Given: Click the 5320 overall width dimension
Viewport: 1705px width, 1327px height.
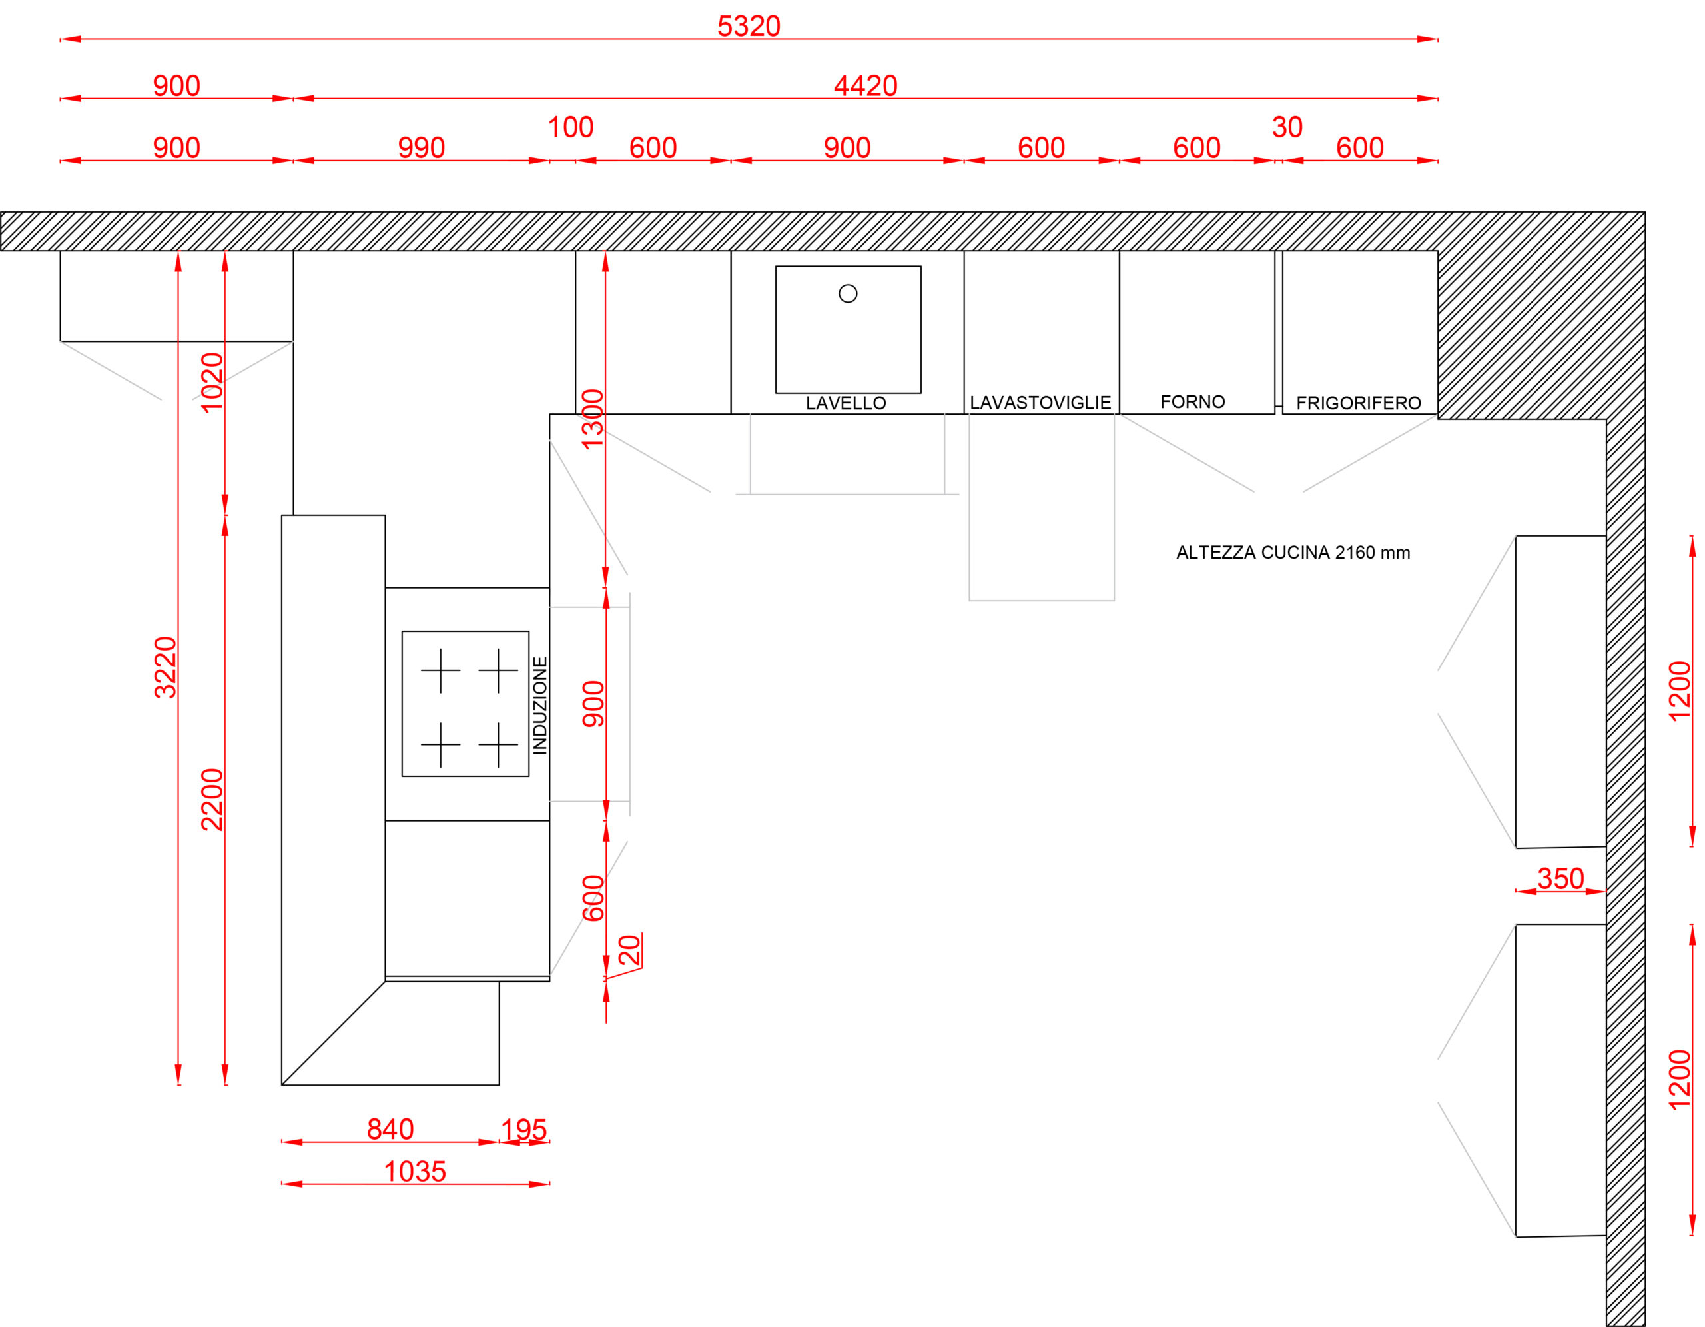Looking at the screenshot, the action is (749, 27).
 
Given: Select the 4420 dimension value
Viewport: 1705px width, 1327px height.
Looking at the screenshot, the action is (866, 86).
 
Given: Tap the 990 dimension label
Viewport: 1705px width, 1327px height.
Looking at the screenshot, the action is (422, 147).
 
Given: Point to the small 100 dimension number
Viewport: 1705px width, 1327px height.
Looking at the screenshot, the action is (571, 127).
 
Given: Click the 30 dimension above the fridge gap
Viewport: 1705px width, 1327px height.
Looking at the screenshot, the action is (1287, 127).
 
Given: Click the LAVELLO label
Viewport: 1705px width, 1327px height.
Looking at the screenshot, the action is (847, 403).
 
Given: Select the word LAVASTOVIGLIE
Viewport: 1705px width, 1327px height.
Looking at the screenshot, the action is (1040, 403).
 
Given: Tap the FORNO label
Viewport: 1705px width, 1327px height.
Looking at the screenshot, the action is (1193, 401).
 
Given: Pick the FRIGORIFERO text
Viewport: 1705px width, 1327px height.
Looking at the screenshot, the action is (1359, 403).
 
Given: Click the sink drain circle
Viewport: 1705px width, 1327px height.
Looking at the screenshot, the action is (848, 294).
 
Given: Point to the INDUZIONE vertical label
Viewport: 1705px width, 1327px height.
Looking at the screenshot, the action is (540, 705).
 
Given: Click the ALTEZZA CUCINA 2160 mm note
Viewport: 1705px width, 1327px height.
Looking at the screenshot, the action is (1293, 553).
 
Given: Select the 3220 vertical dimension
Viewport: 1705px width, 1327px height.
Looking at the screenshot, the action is (165, 668).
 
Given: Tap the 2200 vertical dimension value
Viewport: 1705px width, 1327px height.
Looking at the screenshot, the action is (212, 800).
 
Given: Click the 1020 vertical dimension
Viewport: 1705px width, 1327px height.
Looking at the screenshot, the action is (212, 383).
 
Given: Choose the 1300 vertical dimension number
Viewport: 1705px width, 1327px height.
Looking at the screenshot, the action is (593, 419).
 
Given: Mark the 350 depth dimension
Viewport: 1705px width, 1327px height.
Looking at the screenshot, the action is (1560, 878).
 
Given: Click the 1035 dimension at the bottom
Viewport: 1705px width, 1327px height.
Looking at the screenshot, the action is (416, 1172).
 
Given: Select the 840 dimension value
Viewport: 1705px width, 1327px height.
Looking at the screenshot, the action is (390, 1130).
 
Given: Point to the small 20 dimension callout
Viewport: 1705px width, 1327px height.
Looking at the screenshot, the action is (629, 950).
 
